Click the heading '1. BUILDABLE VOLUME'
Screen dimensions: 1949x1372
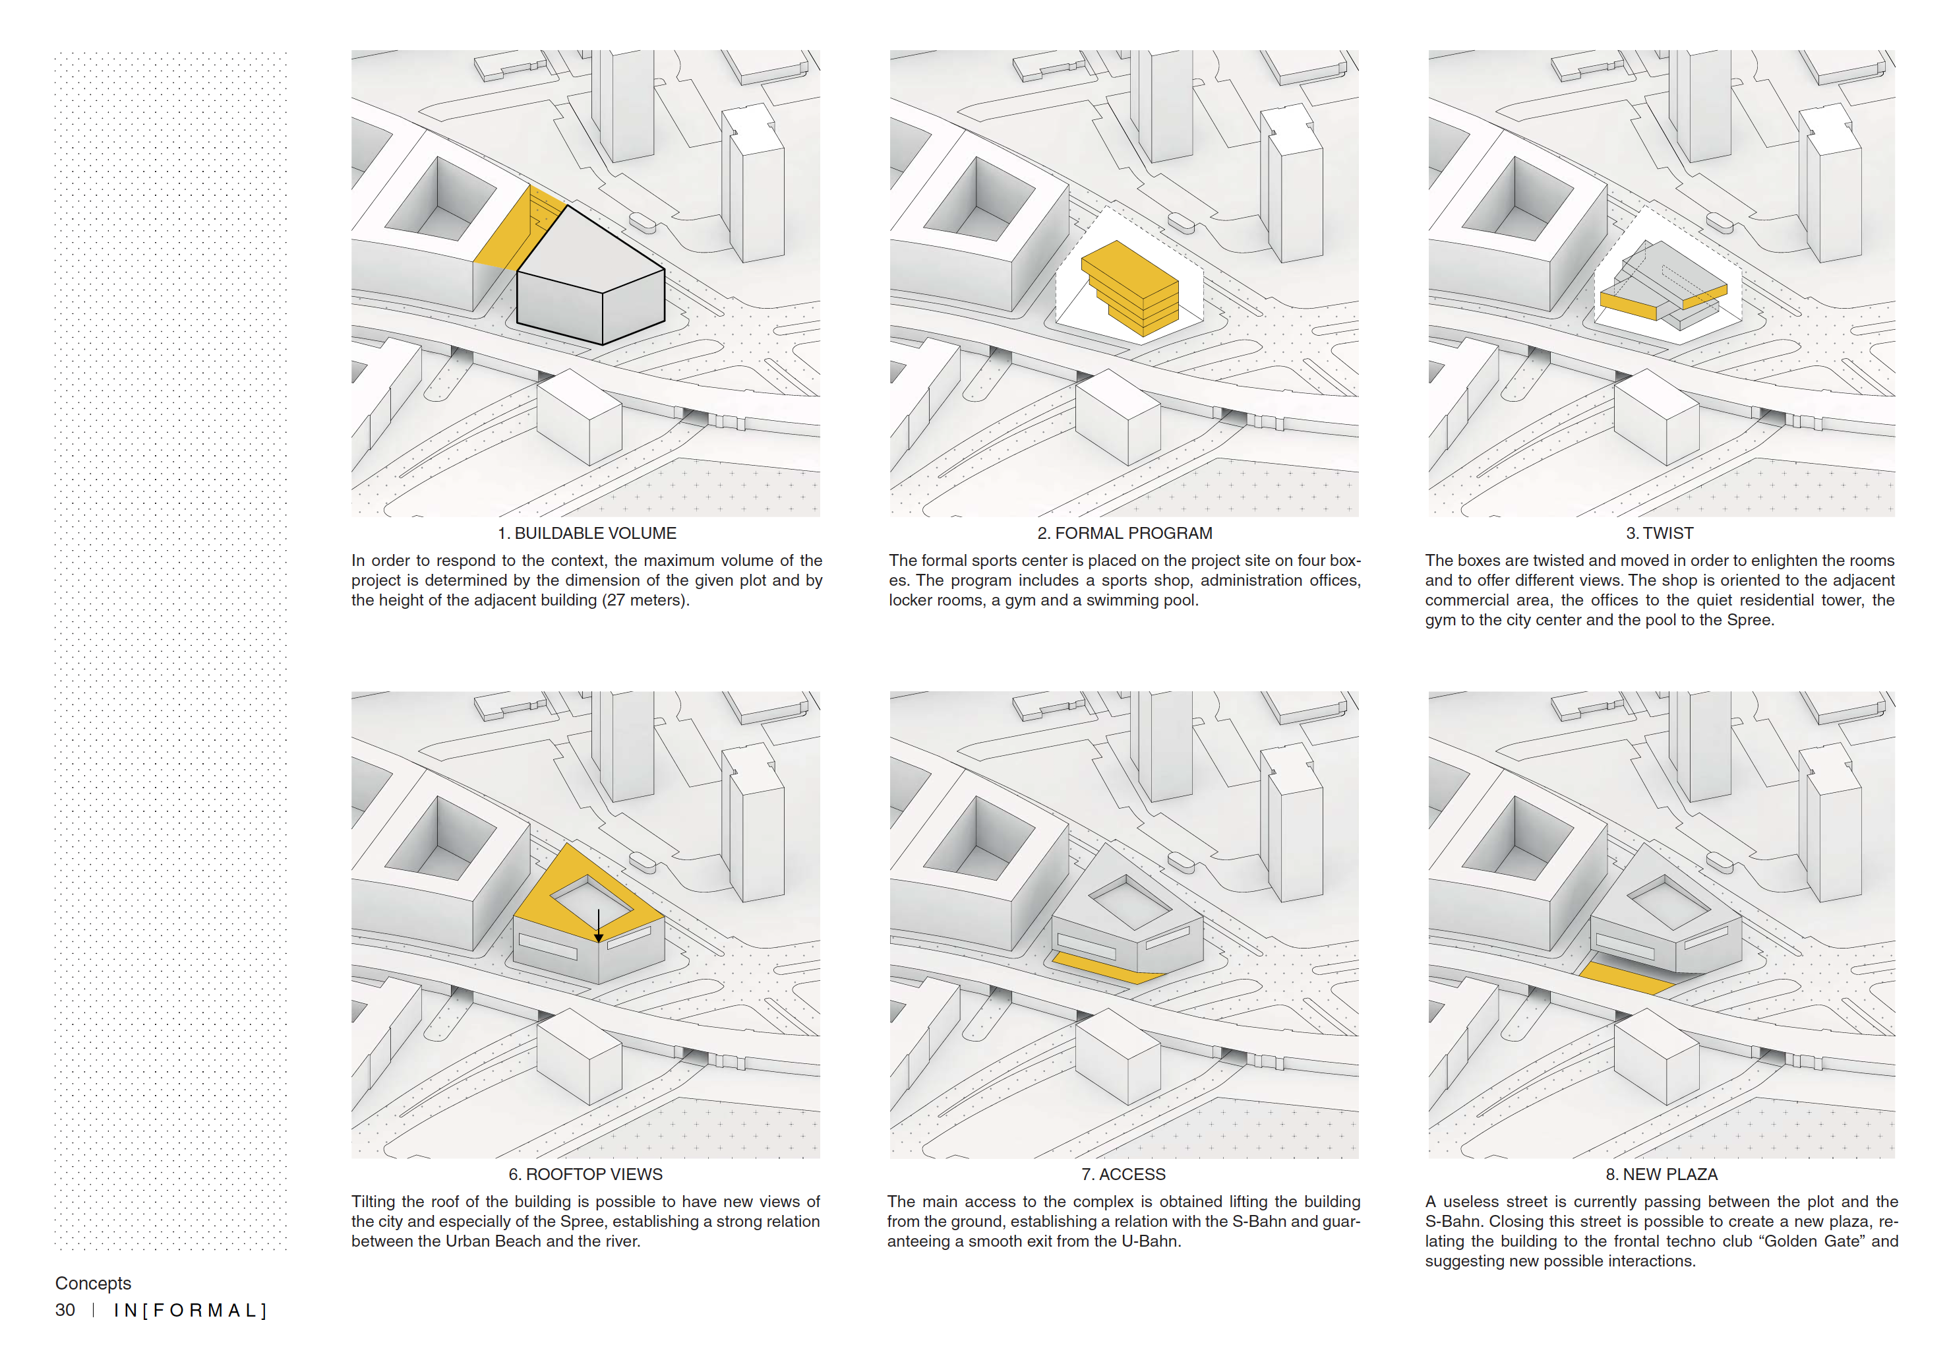pyautogui.click(x=587, y=533)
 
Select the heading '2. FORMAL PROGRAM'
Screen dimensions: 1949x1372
pyautogui.click(x=1125, y=533)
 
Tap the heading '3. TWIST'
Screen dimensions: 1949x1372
pyautogui.click(x=1660, y=533)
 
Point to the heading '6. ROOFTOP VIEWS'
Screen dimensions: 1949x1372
pyautogui.click(x=585, y=1174)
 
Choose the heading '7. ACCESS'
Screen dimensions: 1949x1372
pyautogui.click(x=1123, y=1174)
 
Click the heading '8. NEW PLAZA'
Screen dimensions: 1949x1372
pyautogui.click(x=1662, y=1174)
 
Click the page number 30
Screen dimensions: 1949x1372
pyautogui.click(x=65, y=1310)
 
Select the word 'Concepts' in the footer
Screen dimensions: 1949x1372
pyautogui.click(x=94, y=1283)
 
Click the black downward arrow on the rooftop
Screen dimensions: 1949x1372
pyautogui.click(x=599, y=925)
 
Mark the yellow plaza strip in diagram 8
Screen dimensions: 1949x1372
pyautogui.click(x=1625, y=978)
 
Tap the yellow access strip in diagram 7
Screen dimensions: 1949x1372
pyautogui.click(x=1104, y=968)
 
